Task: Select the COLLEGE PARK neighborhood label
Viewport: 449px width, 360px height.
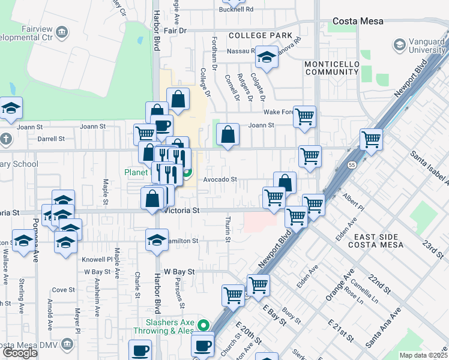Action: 261,35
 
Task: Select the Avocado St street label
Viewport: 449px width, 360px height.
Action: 220,179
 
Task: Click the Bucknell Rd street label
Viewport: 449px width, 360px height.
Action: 237,10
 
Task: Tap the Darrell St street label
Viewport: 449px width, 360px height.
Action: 51,139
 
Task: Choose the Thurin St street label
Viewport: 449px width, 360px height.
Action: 228,230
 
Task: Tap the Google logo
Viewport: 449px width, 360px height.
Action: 20,353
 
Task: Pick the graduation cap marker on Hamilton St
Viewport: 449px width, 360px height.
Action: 157,239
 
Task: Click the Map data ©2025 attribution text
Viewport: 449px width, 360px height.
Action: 423,355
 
